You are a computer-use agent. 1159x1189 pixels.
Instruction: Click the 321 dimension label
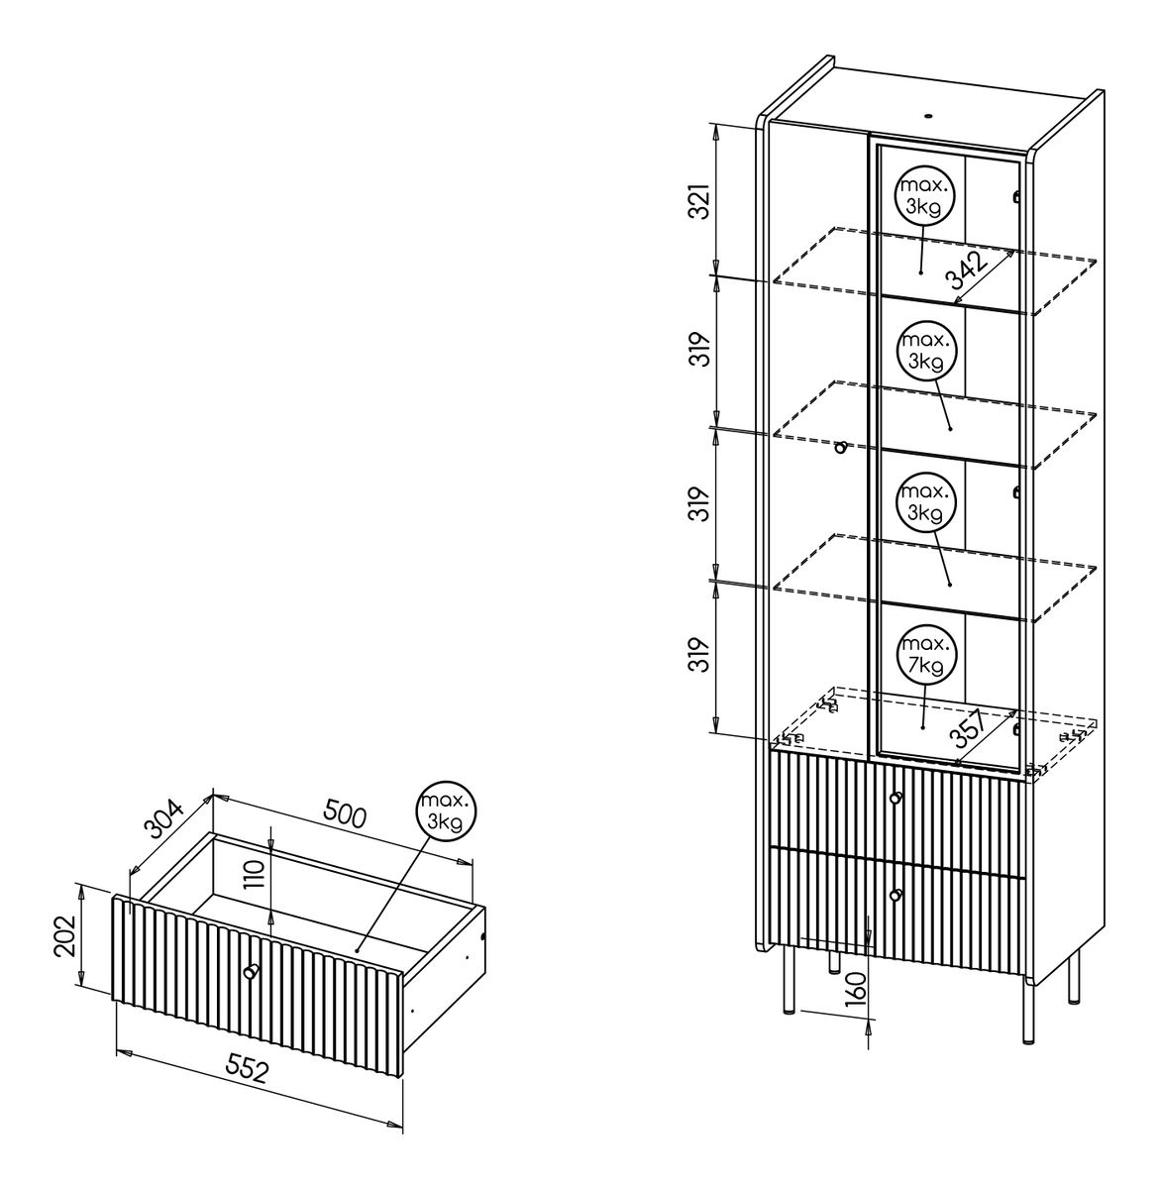tap(701, 201)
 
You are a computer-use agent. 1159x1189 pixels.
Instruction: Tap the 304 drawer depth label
tap(163, 818)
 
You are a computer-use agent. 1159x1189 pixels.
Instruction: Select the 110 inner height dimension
tap(256, 874)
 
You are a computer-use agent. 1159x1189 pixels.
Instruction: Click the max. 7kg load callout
tap(925, 656)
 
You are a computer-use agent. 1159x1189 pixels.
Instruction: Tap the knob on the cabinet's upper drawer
tap(896, 798)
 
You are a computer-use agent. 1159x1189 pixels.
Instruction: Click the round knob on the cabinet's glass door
tap(841, 448)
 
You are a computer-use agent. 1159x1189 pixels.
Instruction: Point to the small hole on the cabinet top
tap(928, 115)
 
